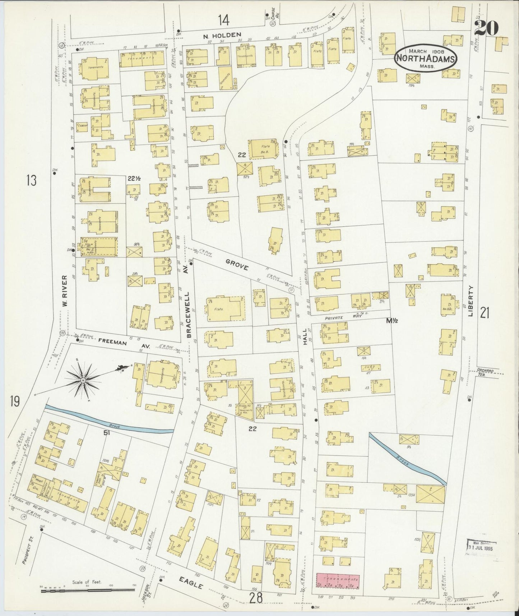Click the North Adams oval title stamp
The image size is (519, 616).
coord(426,59)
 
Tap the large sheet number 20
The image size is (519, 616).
coord(487,27)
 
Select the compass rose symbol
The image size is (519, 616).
coord(83,380)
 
